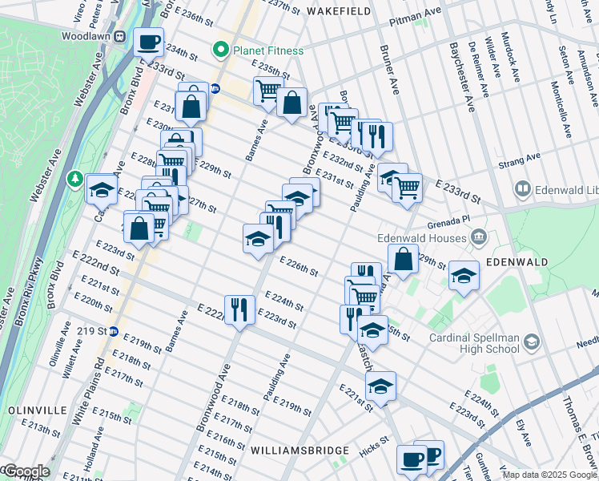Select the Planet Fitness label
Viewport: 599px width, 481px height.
(267, 51)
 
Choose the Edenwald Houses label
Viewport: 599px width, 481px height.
(422, 238)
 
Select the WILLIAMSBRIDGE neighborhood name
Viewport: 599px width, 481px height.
(300, 451)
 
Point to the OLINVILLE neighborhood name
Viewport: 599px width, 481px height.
(37, 410)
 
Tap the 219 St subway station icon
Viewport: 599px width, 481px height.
(115, 330)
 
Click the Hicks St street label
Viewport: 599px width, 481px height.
(374, 447)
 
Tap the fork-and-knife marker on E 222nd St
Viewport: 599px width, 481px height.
(239, 309)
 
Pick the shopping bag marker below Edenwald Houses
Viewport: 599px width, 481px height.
(403, 259)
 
